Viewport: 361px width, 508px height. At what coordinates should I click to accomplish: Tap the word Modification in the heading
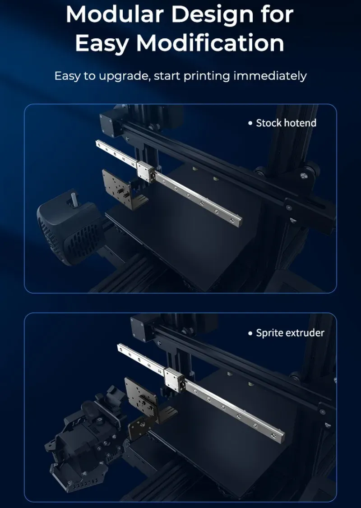(210, 43)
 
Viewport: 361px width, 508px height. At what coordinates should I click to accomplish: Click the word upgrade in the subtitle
(123, 76)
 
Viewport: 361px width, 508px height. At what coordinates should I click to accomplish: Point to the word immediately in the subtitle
(269, 76)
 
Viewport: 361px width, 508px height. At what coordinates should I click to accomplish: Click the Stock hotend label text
(286, 123)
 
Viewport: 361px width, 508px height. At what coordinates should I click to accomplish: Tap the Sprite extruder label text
(290, 333)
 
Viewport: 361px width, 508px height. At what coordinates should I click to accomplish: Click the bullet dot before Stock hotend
(250, 123)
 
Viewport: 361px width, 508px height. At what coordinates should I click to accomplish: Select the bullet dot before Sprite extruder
(250, 333)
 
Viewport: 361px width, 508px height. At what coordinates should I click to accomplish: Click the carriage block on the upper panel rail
(147, 171)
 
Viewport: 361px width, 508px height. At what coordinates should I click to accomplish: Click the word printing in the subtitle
(206, 76)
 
